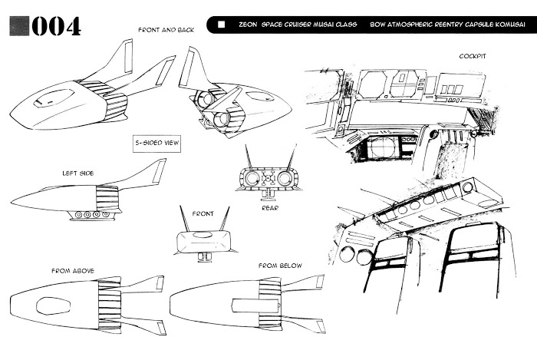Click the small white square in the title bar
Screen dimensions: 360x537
coord(222,25)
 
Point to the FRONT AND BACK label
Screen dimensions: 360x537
coord(166,30)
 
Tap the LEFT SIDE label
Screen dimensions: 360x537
coord(77,173)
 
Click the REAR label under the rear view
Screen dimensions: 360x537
coord(268,206)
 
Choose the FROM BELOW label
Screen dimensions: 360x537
coord(280,266)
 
